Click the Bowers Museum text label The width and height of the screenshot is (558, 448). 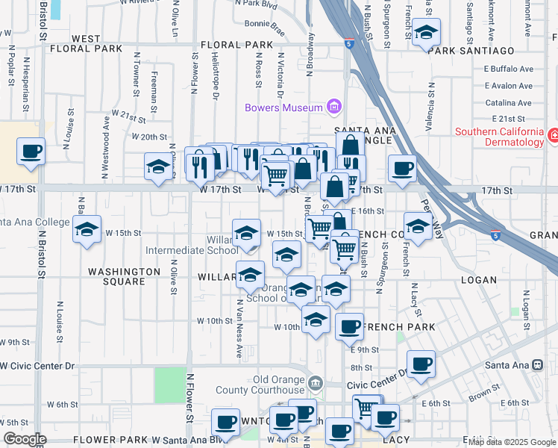pyautogui.click(x=283, y=108)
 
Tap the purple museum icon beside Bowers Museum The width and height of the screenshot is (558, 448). pyautogui.click(x=333, y=108)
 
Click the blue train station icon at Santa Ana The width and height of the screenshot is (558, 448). pyautogui.click(x=537, y=365)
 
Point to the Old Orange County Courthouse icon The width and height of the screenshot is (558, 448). pyautogui.click(x=316, y=384)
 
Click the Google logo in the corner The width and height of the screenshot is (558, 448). pyautogui.click(x=25, y=439)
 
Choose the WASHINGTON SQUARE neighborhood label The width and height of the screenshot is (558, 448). pyautogui.click(x=124, y=276)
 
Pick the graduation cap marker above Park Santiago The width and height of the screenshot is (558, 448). pyautogui.click(x=427, y=34)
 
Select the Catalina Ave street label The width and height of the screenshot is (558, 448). pyautogui.click(x=508, y=103)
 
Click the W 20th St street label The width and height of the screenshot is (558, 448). pyautogui.click(x=149, y=137)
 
